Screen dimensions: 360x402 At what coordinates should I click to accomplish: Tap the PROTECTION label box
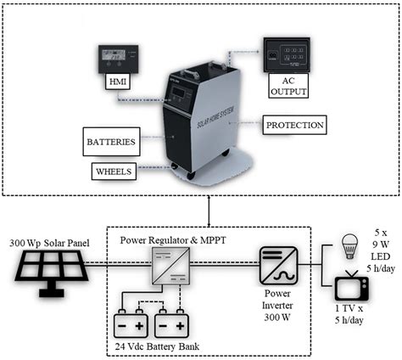point(293,125)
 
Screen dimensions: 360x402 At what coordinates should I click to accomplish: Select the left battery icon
point(133,325)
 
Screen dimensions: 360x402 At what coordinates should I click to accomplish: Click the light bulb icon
point(348,245)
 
